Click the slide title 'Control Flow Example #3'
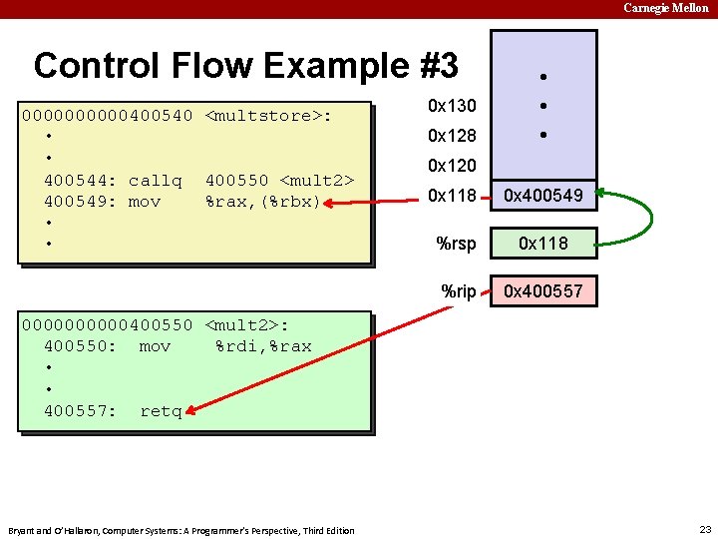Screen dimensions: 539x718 [245, 66]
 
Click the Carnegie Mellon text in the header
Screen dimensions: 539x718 [666, 8]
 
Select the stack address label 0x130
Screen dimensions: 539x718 [452, 106]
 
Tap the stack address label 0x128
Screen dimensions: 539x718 [452, 136]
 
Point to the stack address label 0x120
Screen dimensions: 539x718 [452, 166]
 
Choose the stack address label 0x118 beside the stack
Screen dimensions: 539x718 [452, 197]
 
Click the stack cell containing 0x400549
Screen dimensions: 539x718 [543, 197]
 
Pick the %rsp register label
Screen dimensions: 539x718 [457, 243]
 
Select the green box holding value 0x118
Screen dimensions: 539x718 [543, 243]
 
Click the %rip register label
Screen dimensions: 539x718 [459, 291]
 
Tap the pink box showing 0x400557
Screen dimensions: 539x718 [543, 291]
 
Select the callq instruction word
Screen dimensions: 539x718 [156, 181]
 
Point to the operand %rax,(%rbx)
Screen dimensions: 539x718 [262, 202]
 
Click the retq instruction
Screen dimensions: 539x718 [161, 410]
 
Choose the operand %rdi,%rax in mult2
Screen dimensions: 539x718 [263, 346]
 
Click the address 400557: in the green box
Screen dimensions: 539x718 [81, 410]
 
